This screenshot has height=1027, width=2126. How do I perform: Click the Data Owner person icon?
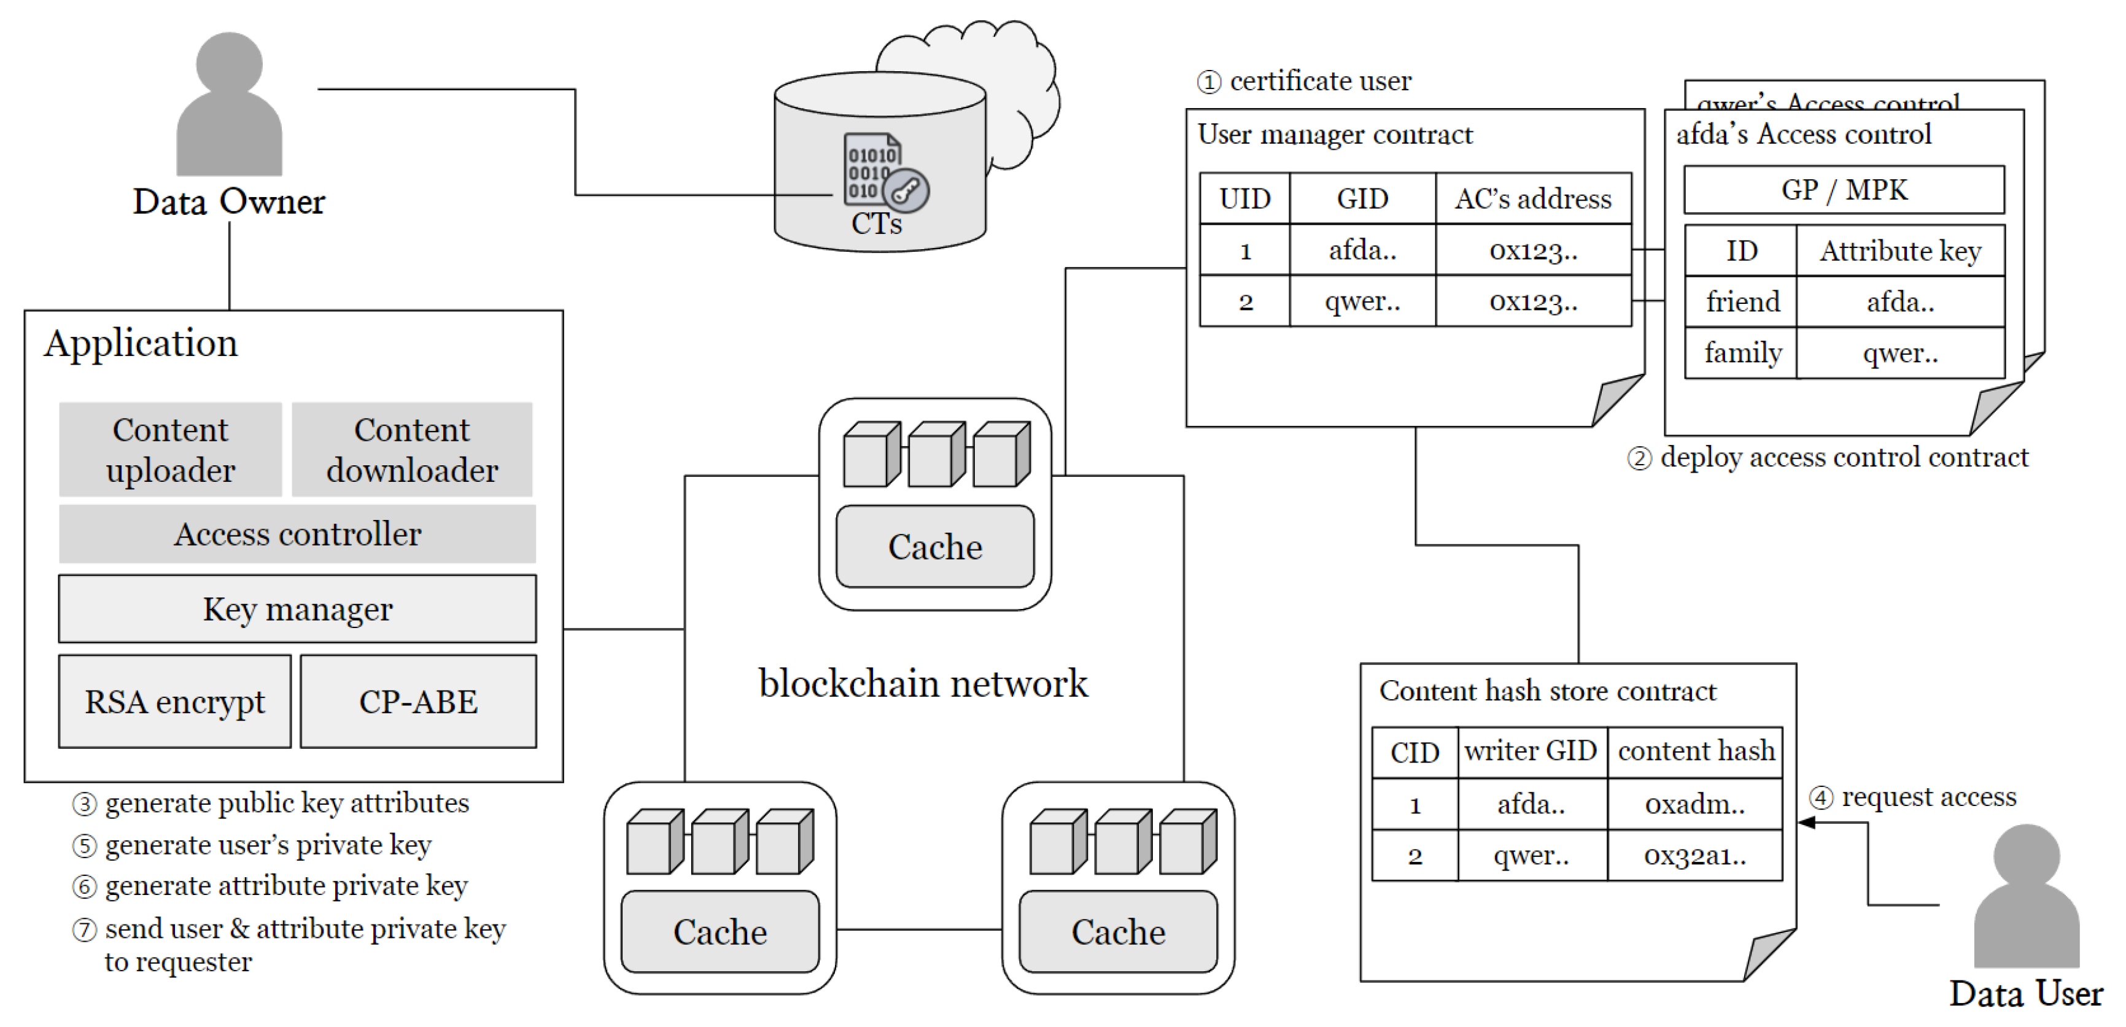click(x=230, y=103)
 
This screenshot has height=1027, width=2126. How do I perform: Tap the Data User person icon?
click(x=2026, y=896)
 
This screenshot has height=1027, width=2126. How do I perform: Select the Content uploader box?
click(x=171, y=450)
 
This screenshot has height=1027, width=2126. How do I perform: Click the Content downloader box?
click(x=412, y=450)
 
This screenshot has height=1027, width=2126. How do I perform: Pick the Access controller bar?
click(x=297, y=534)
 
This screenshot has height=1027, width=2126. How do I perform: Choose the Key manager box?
click(x=297, y=610)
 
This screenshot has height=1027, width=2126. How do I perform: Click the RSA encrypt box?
click(x=175, y=702)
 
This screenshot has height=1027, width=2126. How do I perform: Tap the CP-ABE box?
click(x=419, y=702)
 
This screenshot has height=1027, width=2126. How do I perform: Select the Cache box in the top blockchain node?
click(x=935, y=546)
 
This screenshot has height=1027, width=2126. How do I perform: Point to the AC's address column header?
click(x=1532, y=199)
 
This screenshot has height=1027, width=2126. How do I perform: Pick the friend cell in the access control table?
click(x=1742, y=302)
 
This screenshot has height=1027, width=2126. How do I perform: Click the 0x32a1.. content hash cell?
click(x=1694, y=855)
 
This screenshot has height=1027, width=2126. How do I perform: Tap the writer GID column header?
click(x=1531, y=751)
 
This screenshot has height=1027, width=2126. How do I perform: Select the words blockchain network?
click(x=923, y=684)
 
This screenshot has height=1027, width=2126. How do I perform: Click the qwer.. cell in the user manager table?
click(x=1362, y=301)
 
